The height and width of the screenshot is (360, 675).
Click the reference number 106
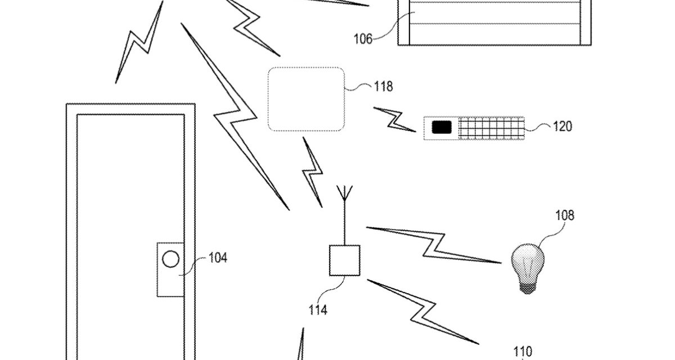[363, 39]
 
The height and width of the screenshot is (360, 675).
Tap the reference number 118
[383, 87]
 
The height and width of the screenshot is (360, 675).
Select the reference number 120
[562, 127]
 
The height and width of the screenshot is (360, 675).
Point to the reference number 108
[565, 215]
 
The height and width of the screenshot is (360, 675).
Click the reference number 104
[218, 258]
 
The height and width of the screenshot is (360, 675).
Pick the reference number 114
[318, 310]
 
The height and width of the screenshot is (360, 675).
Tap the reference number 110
[523, 351]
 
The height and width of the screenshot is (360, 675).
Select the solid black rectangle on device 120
[442, 127]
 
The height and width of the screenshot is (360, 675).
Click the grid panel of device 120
[491, 128]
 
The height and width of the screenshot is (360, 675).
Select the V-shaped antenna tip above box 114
[344, 193]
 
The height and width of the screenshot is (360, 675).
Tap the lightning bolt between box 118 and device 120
[395, 120]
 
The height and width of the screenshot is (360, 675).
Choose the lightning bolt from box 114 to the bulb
[434, 245]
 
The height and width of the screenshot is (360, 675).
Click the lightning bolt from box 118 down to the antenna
[313, 172]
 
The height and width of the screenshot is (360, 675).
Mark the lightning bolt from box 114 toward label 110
[423, 312]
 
